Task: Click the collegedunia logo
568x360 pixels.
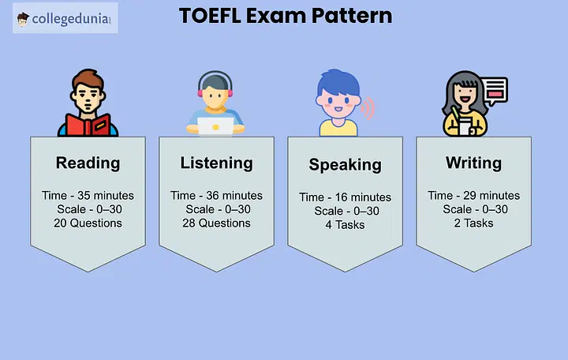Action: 65,18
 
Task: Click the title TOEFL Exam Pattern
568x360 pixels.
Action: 286,16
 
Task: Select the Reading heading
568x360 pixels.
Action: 88,163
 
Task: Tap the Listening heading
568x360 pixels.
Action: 217,163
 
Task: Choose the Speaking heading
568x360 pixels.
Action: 346,165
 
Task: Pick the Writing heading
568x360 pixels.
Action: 474,163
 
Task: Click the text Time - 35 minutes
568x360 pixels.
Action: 88,196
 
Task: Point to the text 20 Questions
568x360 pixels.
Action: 88,223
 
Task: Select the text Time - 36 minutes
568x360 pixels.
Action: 217,196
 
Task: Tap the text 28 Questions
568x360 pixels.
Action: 217,223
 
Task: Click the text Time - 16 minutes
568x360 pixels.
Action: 346,197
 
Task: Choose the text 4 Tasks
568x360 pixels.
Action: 346,225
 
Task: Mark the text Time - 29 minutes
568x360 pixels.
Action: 474,196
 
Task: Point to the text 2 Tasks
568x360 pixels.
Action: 474,223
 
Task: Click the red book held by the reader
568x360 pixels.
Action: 88,126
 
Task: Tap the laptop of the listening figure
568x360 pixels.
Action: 215,126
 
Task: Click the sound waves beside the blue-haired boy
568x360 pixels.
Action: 368,108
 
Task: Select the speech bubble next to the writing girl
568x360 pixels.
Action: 495,90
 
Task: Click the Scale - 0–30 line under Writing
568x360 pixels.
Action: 475,209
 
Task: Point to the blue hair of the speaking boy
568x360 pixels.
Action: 338,82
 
